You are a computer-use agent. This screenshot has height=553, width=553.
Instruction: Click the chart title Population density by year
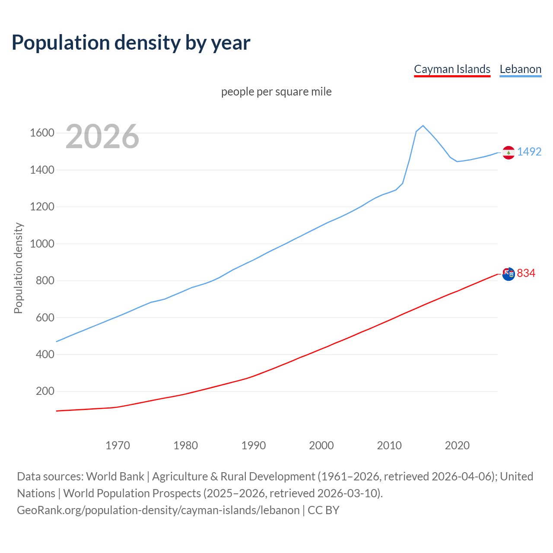tap(131, 43)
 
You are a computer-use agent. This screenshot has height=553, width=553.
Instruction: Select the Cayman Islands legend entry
tap(452, 69)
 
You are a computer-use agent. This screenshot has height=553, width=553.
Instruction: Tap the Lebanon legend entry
tap(520, 69)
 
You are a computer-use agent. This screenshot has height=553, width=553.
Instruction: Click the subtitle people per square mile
tap(276, 92)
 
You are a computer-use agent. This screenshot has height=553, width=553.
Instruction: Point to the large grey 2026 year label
tap(102, 137)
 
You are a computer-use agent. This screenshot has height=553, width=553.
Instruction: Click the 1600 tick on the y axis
tap(42, 133)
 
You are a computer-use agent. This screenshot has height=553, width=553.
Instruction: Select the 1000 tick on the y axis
tap(42, 244)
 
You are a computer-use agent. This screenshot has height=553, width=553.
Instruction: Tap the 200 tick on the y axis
tap(45, 391)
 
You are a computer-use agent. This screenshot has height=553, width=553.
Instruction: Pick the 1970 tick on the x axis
tap(118, 445)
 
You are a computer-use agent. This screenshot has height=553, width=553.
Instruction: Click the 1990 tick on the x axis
tap(254, 445)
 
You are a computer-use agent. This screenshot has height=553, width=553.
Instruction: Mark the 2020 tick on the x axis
tap(457, 445)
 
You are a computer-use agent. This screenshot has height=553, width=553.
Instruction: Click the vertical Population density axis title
tap(18, 268)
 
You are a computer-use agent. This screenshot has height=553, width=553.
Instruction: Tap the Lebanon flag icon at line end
tap(509, 153)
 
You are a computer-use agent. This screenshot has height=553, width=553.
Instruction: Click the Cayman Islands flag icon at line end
tap(509, 274)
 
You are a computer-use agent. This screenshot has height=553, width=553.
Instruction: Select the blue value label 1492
tap(529, 152)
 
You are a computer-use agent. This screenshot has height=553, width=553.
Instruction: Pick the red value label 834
tap(526, 273)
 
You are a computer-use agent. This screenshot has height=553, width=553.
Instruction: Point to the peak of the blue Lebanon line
tap(423, 126)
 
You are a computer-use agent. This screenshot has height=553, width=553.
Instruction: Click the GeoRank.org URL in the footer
tap(158, 510)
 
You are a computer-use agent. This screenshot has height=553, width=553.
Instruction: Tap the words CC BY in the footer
tap(323, 510)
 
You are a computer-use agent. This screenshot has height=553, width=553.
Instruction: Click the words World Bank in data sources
tap(115, 477)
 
